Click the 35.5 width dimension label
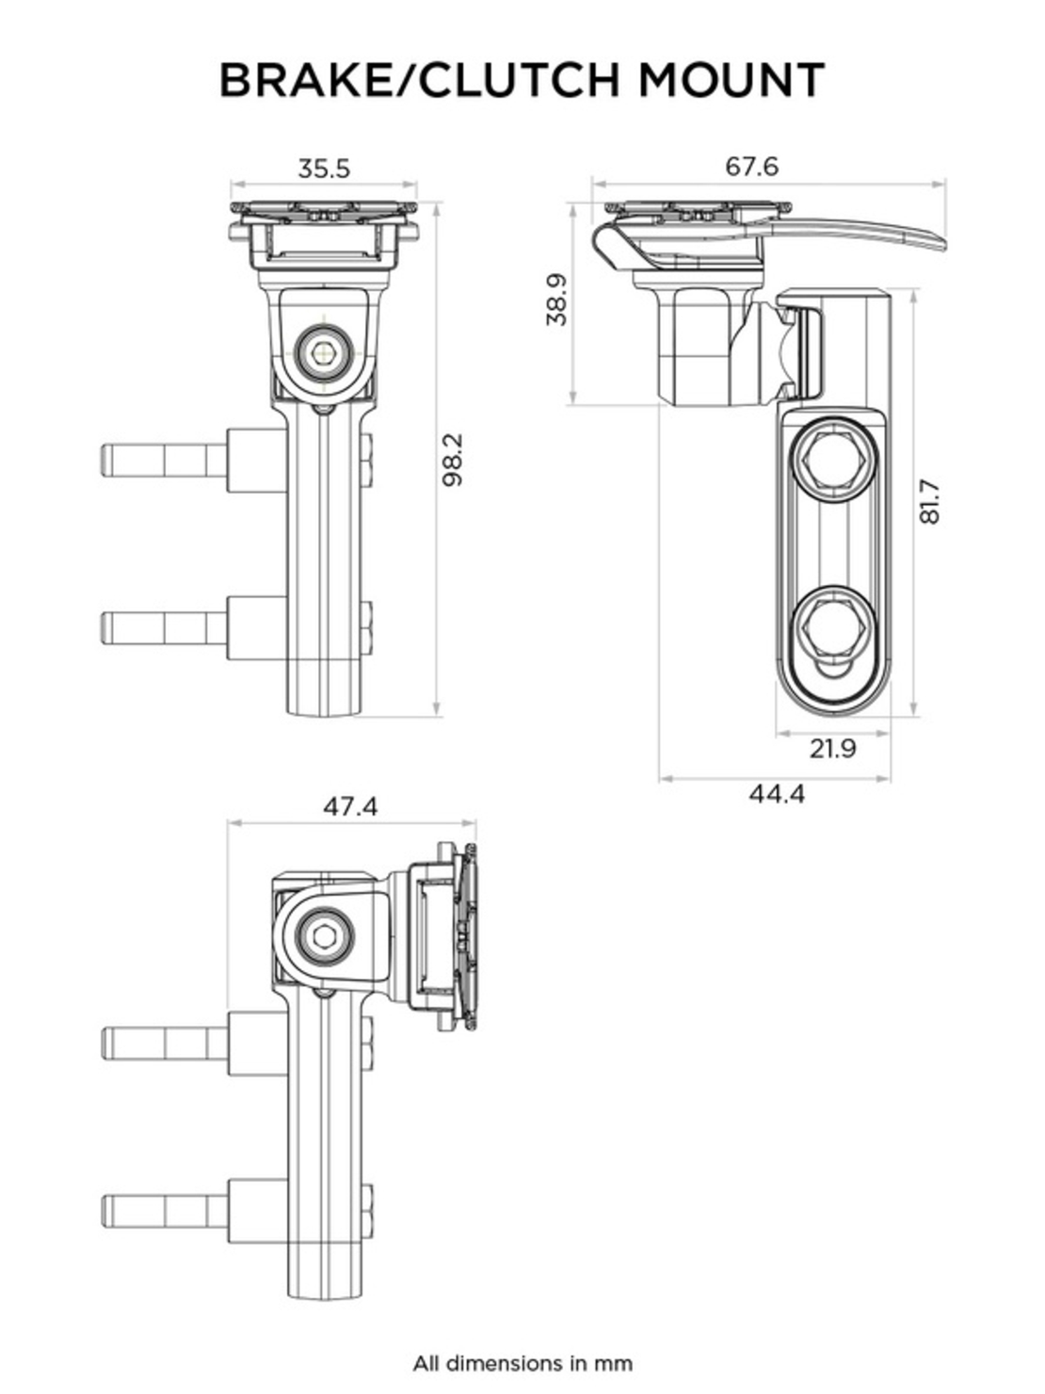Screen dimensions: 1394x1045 coord(324,169)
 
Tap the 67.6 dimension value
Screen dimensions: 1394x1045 coord(751,166)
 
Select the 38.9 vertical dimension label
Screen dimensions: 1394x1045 coord(556,300)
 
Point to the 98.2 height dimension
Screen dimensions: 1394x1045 coord(454,460)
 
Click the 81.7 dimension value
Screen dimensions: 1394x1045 coord(929,502)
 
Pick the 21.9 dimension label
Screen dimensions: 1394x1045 coord(832,749)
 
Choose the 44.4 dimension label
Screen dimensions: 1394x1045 coord(777,794)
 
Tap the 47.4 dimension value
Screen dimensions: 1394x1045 coord(350,807)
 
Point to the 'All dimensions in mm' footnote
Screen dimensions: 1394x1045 coord(522,1363)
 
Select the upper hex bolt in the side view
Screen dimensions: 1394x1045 coord(836,461)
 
